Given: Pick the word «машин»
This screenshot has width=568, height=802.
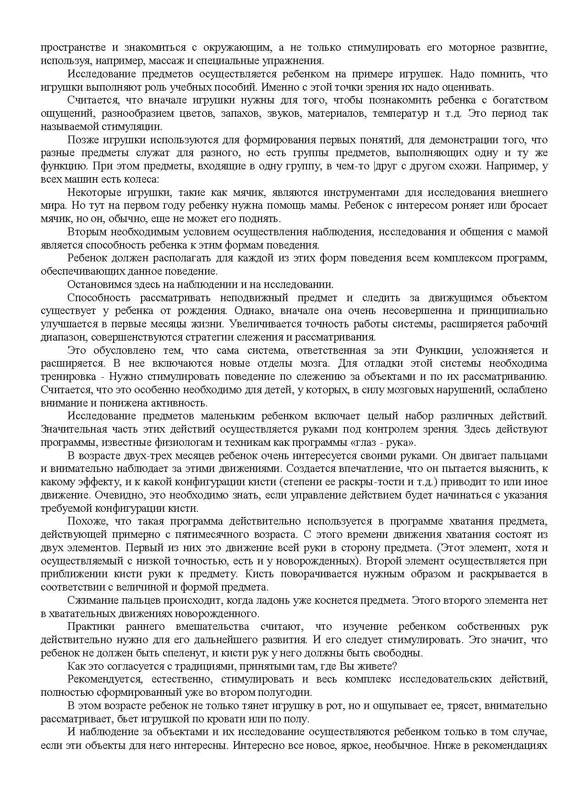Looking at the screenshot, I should click(75, 179).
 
